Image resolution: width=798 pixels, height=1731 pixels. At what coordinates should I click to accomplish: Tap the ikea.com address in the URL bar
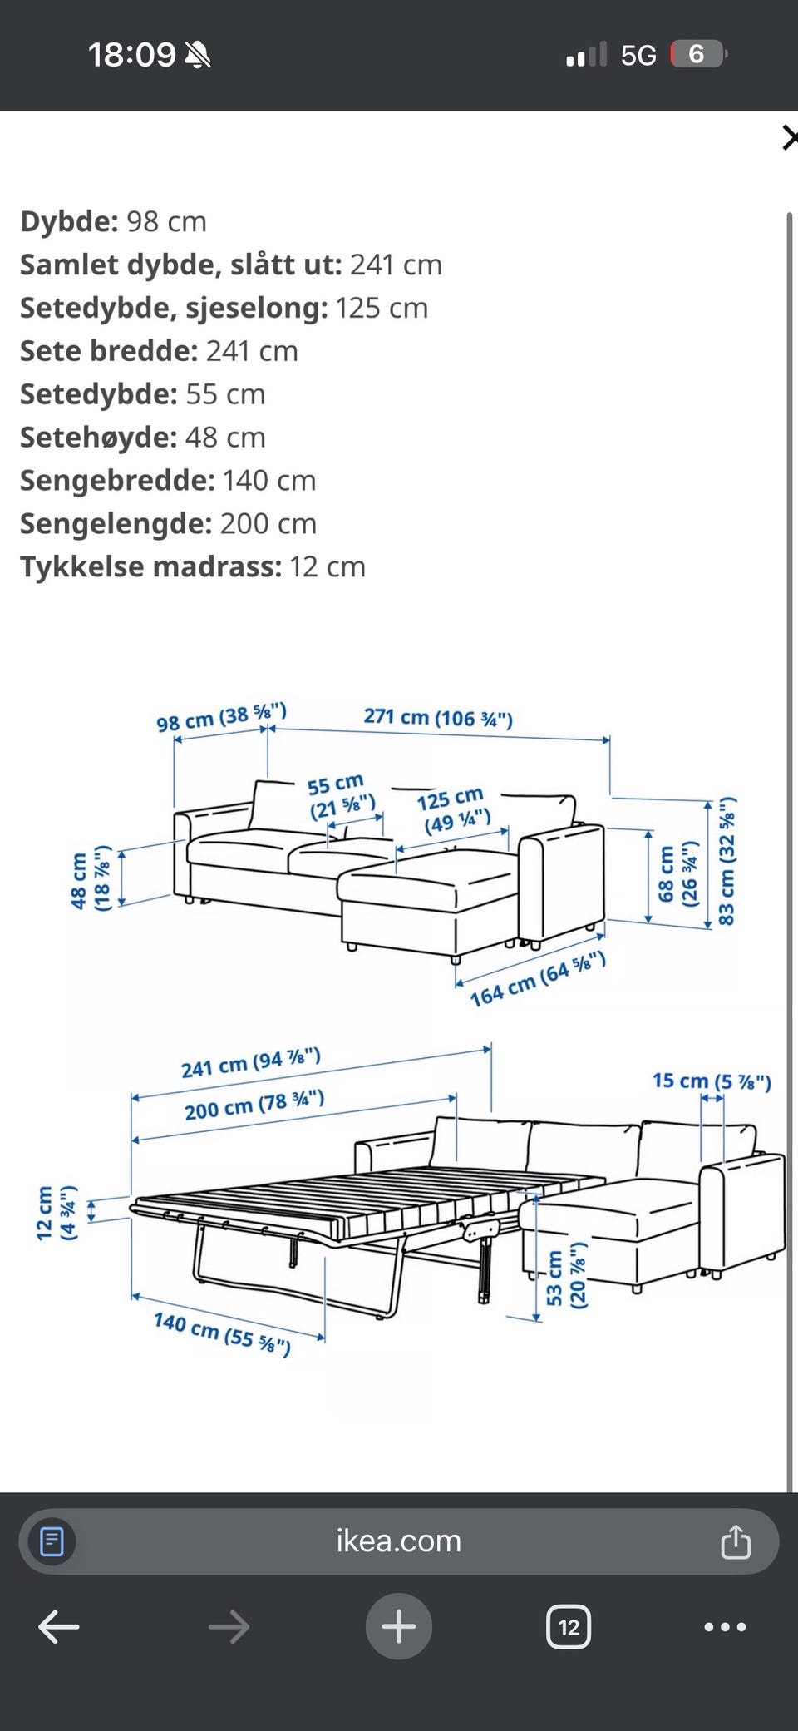tap(398, 1541)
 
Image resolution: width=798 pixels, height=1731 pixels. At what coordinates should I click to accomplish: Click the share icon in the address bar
tap(736, 1541)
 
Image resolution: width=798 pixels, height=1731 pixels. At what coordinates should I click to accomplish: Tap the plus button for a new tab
tap(398, 1626)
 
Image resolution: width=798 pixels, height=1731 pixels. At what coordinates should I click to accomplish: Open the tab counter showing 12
tap(569, 1626)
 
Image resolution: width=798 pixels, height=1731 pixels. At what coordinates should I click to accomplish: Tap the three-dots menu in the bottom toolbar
tap(725, 1627)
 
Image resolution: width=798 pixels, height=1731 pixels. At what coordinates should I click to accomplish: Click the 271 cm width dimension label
tap(438, 717)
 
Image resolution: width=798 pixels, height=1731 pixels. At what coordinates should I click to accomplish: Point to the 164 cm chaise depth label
tap(537, 979)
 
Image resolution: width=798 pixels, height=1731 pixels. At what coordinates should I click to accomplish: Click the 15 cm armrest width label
tap(712, 1081)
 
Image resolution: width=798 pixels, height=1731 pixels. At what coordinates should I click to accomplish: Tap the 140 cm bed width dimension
tap(222, 1333)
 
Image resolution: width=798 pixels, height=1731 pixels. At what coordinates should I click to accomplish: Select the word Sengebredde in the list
tap(117, 480)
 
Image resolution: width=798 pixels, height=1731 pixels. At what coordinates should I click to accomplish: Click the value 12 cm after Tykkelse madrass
tap(328, 566)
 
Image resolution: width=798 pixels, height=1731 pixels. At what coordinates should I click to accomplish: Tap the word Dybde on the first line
tap(69, 221)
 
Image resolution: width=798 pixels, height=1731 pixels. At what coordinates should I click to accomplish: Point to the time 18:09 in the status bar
tap(131, 55)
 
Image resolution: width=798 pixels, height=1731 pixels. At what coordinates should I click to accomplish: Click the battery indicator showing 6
tap(697, 55)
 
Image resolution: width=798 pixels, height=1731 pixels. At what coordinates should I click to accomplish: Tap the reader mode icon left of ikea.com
tap(52, 1541)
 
